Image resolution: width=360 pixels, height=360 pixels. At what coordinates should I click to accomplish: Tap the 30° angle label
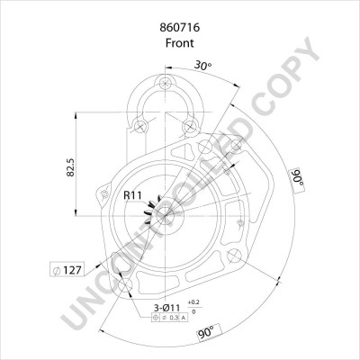click(x=204, y=65)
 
